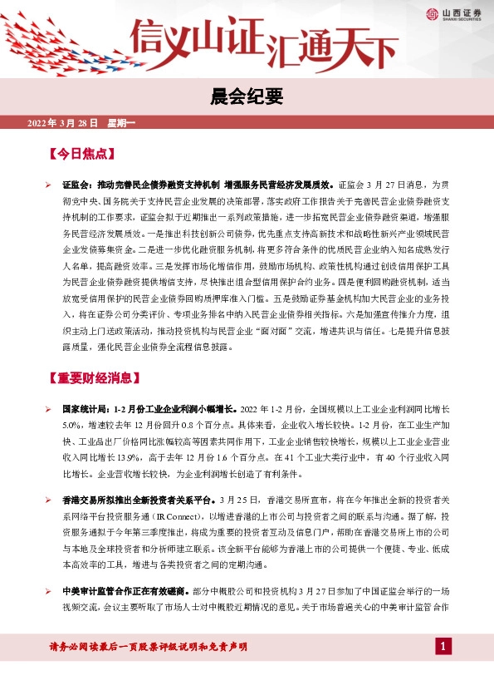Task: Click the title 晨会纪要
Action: coord(247,97)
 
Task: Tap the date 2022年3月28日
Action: coord(63,123)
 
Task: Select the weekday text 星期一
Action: coord(121,123)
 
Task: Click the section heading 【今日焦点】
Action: coord(81,154)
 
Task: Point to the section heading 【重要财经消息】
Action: coord(92,377)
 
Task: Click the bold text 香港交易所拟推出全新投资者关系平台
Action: coord(135,500)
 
